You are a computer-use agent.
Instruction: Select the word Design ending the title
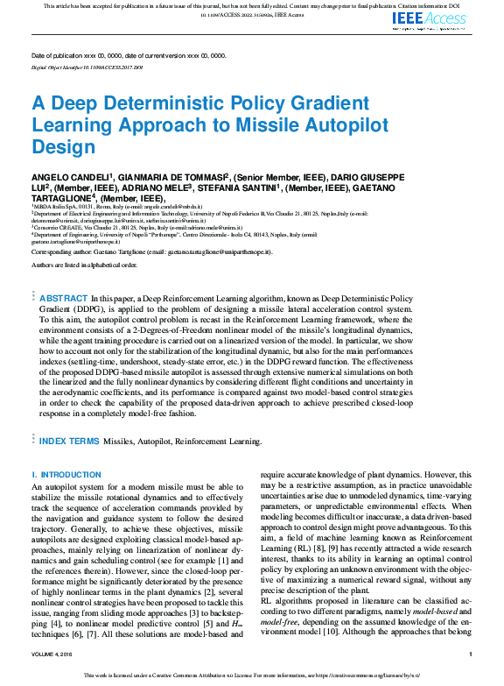click(63, 146)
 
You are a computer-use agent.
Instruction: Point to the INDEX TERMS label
click(69, 441)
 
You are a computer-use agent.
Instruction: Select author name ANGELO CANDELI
click(67, 177)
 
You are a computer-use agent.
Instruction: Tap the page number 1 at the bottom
click(470, 654)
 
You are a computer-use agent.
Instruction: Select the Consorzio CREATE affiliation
click(63, 227)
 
